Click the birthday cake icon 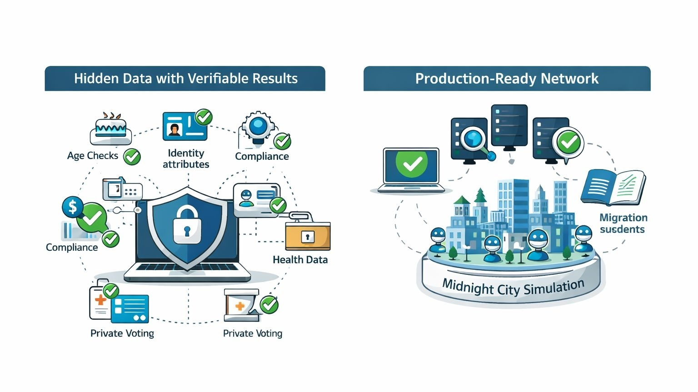click(111, 129)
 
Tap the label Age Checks click(92, 156)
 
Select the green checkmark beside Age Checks click(132, 157)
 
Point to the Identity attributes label click(186, 159)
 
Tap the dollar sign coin click(73, 207)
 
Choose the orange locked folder click(308, 236)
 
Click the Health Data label click(300, 260)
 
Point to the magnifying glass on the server click(474, 139)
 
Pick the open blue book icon click(613, 187)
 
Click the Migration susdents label click(623, 223)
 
